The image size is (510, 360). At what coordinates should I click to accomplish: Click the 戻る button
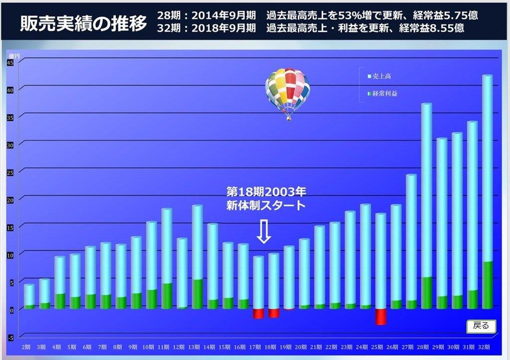(481, 326)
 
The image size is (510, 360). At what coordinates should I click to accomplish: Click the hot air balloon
(287, 92)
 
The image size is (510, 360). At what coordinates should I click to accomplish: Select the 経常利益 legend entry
(383, 93)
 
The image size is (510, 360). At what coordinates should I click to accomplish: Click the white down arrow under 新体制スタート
(264, 232)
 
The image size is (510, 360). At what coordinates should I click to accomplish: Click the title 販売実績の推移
(83, 23)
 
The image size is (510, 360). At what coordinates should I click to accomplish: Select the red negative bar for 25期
(381, 317)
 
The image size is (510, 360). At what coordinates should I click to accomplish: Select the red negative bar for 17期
(258, 313)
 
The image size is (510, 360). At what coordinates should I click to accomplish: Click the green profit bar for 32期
(487, 285)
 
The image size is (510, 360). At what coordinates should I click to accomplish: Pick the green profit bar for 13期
(197, 294)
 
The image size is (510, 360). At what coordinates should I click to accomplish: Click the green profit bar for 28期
(426, 293)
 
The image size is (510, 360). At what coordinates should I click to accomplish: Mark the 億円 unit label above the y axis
(14, 55)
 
